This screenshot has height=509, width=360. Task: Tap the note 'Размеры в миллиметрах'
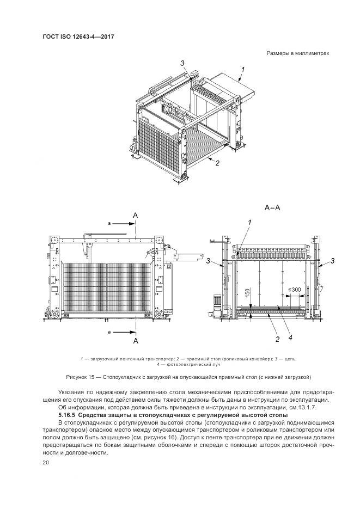click(x=298, y=53)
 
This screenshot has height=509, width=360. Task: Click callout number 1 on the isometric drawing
click(x=243, y=69)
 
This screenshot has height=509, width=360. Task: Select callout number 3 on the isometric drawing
click(x=183, y=63)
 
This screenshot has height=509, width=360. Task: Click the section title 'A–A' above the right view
click(x=272, y=207)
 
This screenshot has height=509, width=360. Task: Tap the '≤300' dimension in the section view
click(x=294, y=290)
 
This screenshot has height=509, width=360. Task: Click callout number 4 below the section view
click(x=290, y=338)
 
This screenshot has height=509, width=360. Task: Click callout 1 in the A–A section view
click(x=249, y=222)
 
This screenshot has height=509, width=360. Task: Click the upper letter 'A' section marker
click(x=136, y=216)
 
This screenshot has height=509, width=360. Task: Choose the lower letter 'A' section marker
click(x=136, y=341)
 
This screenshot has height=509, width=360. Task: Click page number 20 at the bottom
click(x=45, y=462)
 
